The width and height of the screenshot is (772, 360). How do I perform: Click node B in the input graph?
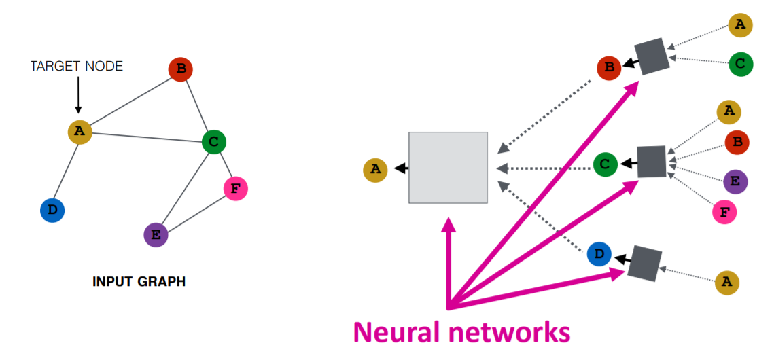[x=181, y=70]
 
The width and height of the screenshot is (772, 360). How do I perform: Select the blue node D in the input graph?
[x=52, y=211]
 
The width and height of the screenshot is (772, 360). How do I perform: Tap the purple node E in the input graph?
[x=156, y=235]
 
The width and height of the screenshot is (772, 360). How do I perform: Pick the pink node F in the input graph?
[x=235, y=189]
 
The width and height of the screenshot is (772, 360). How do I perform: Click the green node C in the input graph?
[x=213, y=143]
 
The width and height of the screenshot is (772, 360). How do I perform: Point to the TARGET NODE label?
[x=77, y=67]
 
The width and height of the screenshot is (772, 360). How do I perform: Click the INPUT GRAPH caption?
[x=139, y=282]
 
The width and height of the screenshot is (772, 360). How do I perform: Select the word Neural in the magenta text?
[x=399, y=333]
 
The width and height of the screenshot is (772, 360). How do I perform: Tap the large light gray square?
[x=448, y=168]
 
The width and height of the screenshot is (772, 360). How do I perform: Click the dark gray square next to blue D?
[x=644, y=263]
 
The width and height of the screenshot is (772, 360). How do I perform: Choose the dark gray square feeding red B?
[x=652, y=56]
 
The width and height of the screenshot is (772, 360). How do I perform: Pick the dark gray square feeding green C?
[x=651, y=161]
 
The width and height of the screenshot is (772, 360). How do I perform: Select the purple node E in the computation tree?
[x=735, y=181]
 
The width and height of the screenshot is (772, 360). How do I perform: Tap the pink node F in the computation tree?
[x=724, y=213]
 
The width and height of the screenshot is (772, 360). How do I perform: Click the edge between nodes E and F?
[x=196, y=212]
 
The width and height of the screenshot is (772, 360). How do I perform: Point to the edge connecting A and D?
[x=66, y=172]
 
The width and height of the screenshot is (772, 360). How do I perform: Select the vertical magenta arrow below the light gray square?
[x=448, y=262]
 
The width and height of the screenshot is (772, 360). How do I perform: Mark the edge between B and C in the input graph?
[x=197, y=106]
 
